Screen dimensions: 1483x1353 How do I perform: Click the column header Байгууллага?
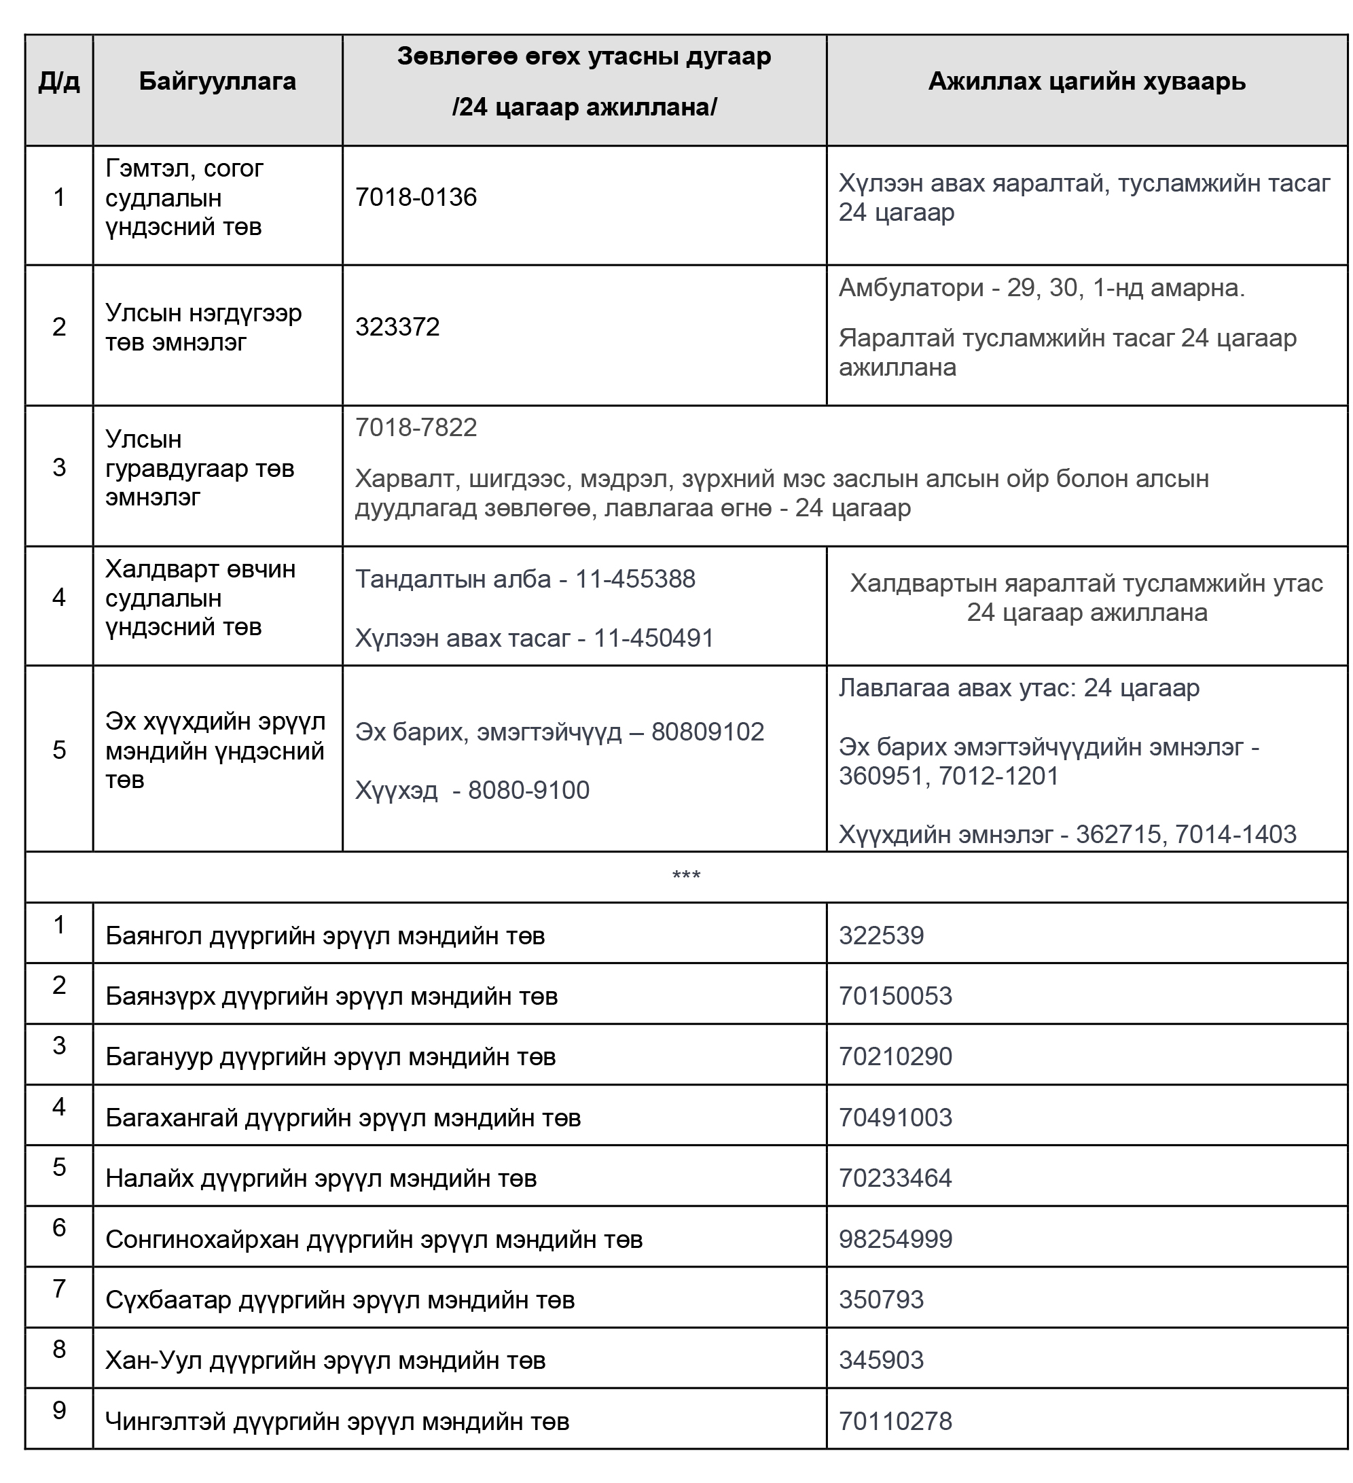(217, 81)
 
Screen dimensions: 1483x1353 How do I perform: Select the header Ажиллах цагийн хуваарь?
(1086, 81)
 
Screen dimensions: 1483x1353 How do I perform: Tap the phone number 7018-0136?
(416, 197)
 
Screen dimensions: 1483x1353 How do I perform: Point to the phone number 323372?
(397, 327)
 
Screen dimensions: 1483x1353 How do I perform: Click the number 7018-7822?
(416, 427)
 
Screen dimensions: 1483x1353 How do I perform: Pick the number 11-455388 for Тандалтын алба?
(634, 579)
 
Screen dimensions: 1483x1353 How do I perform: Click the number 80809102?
(707, 731)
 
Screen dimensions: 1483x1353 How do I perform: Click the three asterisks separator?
(686, 876)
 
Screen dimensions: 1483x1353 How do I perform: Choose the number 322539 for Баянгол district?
(881, 935)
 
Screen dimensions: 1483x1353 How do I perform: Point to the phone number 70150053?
(895, 996)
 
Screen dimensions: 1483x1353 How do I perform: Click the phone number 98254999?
(895, 1238)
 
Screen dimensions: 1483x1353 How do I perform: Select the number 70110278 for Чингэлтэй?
(895, 1421)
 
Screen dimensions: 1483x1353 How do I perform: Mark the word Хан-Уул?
(153, 1360)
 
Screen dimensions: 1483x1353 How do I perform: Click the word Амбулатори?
(911, 287)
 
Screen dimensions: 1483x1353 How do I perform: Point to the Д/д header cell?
(59, 81)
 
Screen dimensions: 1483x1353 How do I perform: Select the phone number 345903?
(881, 1359)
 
